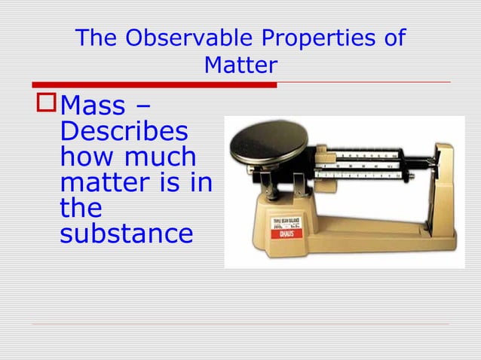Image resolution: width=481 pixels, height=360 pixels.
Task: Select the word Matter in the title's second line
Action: [240, 66]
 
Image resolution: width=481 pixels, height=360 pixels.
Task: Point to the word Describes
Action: [124, 133]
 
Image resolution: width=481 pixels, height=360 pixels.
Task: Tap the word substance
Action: [126, 233]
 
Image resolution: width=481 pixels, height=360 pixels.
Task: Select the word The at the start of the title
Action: [97, 38]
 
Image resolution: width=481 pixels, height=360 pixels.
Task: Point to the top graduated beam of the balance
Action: [362, 155]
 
